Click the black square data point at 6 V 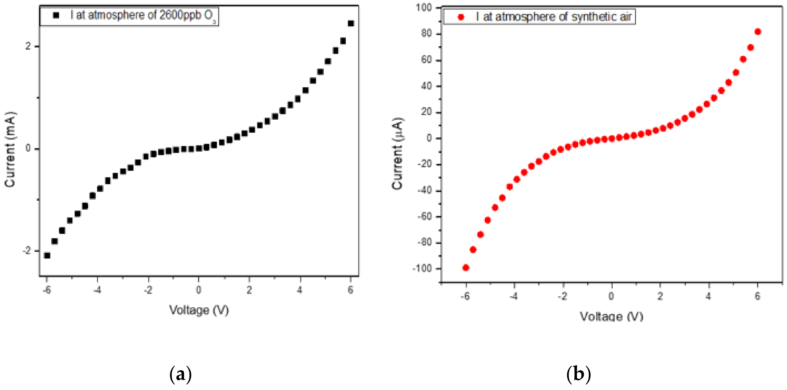351,24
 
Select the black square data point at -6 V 47,255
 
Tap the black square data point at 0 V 199,148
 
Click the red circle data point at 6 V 758,32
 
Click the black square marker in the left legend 56,15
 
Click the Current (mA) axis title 10,149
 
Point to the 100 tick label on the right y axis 424,7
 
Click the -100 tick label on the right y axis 422,268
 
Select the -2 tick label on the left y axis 27,251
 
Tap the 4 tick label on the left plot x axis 300,290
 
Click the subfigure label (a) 180,374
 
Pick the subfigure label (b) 579,374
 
